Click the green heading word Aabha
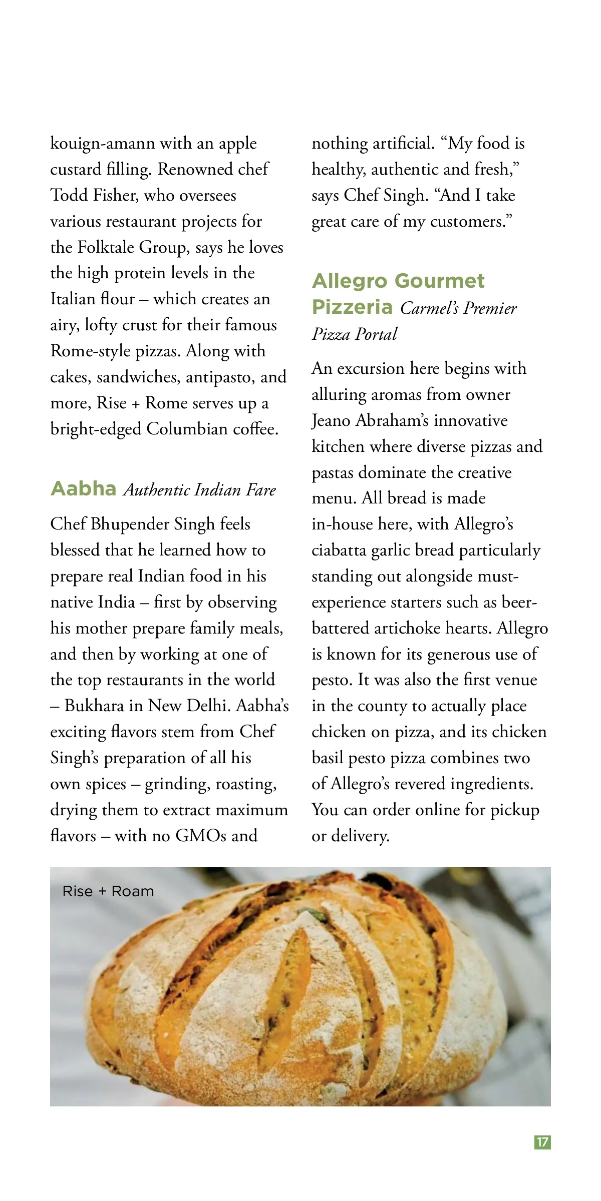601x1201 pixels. click(83, 488)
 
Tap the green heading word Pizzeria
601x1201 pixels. click(352, 306)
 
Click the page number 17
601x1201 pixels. click(542, 1142)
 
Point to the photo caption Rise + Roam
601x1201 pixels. click(108, 891)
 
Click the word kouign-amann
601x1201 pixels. click(103, 144)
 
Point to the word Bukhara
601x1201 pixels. click(95, 706)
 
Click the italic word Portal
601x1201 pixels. click(376, 334)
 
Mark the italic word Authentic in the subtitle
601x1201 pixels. click(156, 489)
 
